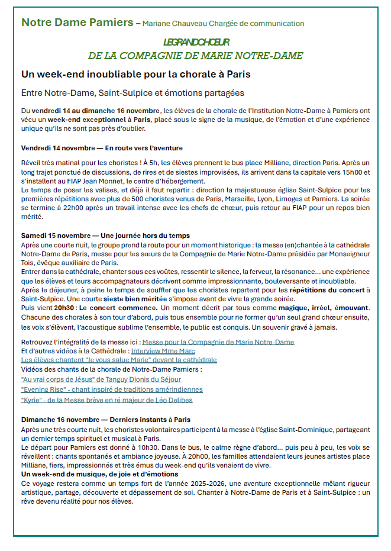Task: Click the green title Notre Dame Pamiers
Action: click(77, 23)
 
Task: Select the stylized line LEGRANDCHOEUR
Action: click(196, 43)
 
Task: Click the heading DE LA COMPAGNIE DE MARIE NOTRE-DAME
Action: click(195, 56)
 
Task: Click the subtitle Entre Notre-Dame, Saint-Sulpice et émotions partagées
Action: click(133, 94)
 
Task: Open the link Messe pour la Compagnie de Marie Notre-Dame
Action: click(218, 342)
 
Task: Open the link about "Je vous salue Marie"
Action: click(119, 360)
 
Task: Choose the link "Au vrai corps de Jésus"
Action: click(101, 379)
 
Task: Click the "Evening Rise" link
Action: click(112, 389)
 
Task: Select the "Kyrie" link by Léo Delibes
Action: click(106, 399)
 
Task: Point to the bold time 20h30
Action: click(64, 308)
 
